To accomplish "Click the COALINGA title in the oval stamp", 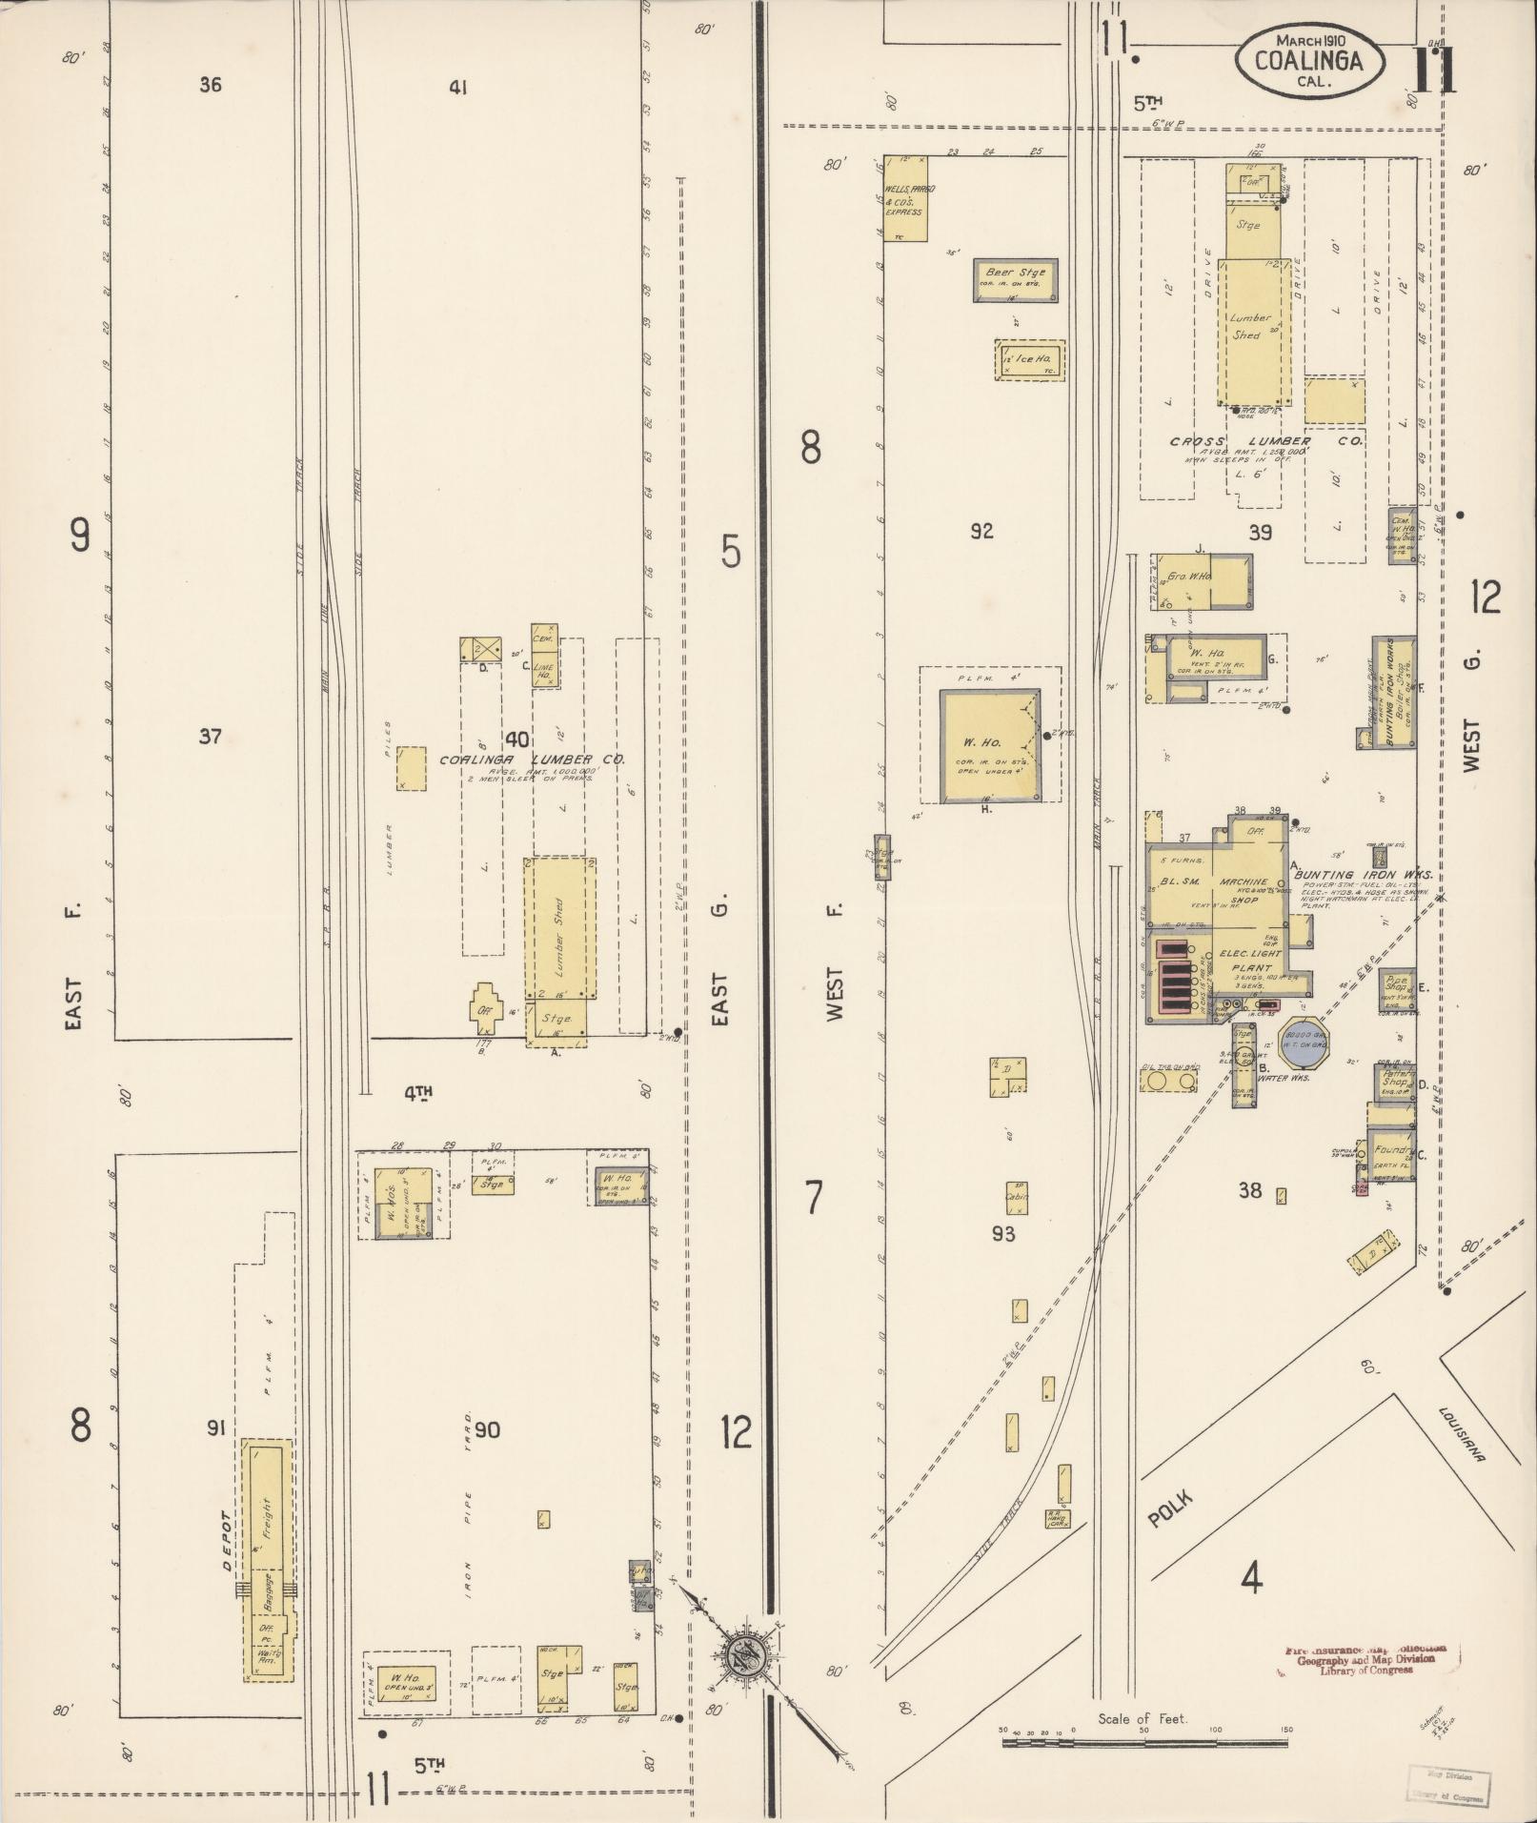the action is [x=1306, y=60].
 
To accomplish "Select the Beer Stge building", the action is [x=1015, y=280].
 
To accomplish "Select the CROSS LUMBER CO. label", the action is [x=1266, y=443].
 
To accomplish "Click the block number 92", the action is [x=981, y=532].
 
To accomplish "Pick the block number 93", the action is [x=1002, y=1234].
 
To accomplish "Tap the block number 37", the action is [x=211, y=736].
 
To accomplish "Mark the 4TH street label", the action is [x=417, y=1095].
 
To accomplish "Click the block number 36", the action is [x=211, y=85].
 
